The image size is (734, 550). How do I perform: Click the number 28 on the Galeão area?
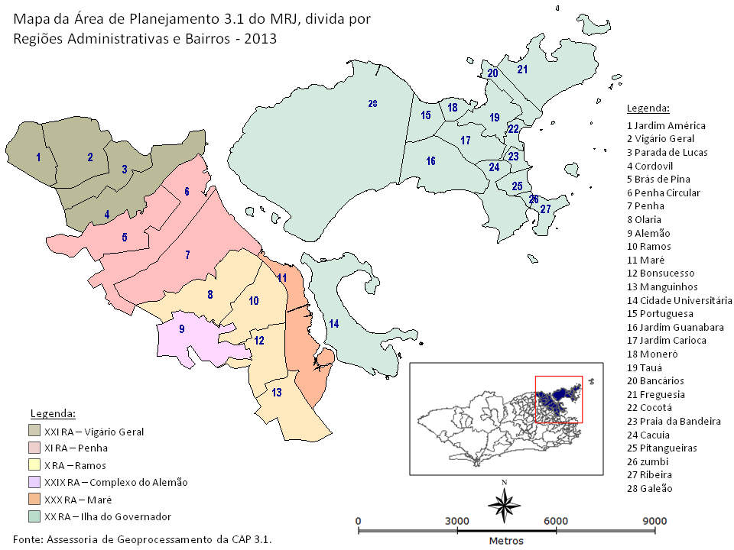(372, 104)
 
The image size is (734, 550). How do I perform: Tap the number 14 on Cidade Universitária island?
(334, 324)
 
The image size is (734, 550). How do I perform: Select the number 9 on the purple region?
(182, 329)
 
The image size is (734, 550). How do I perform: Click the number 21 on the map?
(522, 70)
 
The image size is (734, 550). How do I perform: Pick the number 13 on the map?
(277, 392)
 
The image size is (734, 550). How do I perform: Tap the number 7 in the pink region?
(187, 254)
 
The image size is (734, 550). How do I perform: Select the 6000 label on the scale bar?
(556, 521)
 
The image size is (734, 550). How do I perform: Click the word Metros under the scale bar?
(506, 541)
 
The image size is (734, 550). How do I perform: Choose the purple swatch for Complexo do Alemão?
(35, 482)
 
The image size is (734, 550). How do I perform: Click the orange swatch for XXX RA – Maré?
(35, 500)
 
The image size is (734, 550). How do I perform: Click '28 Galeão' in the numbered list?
(649, 489)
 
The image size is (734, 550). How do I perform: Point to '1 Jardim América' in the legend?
(666, 125)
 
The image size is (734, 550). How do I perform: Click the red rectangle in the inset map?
(559, 399)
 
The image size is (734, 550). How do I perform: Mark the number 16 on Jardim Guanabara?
(431, 161)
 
